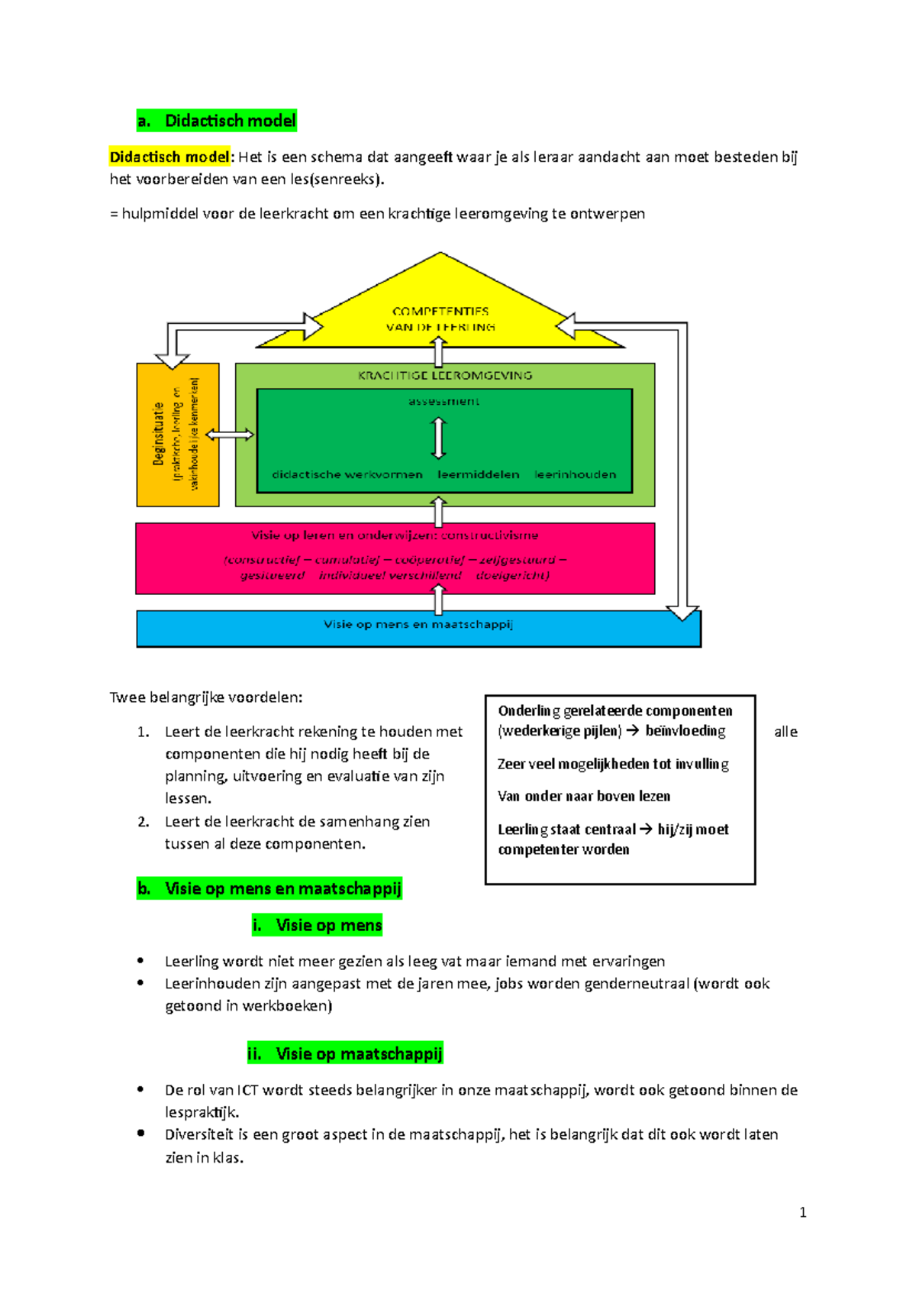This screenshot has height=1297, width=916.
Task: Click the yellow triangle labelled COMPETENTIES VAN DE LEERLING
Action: [440, 313]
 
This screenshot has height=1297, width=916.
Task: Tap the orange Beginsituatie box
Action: [177, 435]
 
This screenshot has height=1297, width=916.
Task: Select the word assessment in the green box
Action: [443, 401]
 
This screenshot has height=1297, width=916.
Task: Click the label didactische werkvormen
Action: [347, 474]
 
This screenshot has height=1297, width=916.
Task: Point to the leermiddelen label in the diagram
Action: [479, 474]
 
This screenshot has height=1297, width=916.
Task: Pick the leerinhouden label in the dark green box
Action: [576, 474]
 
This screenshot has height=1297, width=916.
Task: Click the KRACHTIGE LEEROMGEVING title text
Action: [445, 375]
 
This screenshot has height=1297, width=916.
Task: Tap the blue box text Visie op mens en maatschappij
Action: [418, 624]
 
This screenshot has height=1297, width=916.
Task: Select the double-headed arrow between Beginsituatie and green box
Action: [230, 435]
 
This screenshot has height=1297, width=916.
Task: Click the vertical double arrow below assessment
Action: [439, 438]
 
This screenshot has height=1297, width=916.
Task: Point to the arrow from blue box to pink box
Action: [439, 601]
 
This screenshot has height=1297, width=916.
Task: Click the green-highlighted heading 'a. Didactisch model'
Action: [217, 121]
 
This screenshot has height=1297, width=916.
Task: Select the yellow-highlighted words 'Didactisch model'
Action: [169, 157]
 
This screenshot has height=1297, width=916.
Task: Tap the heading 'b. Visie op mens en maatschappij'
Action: [269, 888]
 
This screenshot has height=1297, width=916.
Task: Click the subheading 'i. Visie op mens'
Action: [317, 925]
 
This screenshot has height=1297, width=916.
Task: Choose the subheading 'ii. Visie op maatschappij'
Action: [345, 1054]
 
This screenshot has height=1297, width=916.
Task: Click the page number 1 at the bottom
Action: [802, 1212]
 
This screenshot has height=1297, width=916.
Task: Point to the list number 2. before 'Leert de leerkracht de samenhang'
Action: [144, 822]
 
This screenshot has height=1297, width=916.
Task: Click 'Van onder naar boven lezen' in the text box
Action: [584, 796]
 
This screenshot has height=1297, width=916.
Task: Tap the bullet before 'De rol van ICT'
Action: [140, 1090]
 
